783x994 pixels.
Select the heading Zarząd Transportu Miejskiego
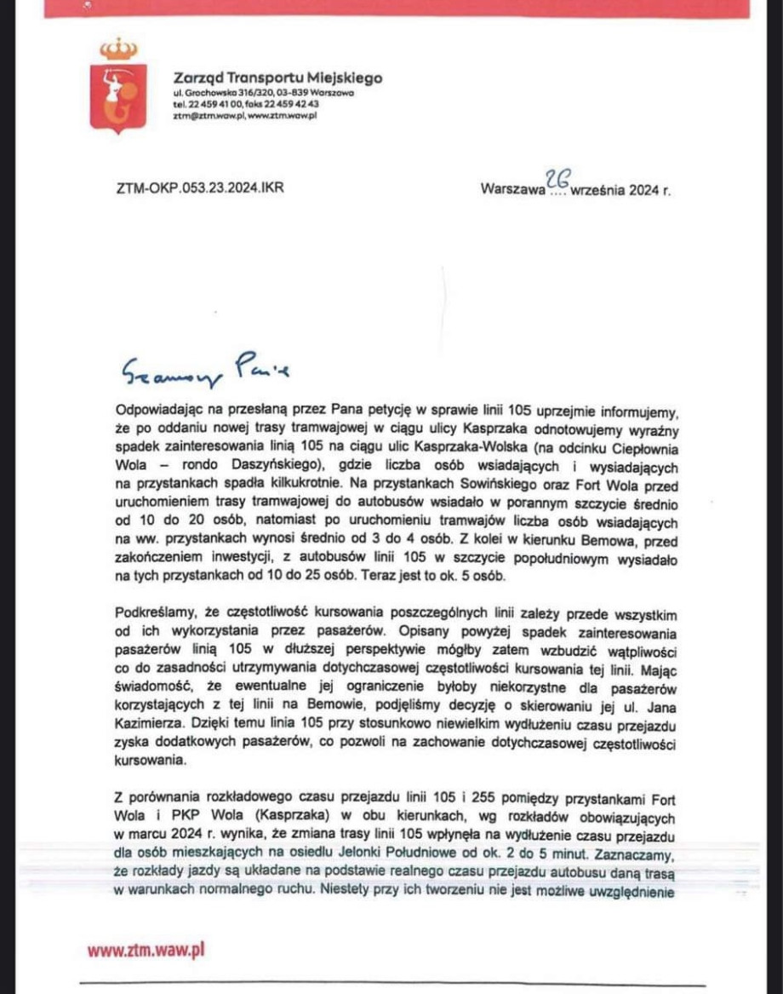pos(277,78)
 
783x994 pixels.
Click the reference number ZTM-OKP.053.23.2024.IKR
pos(199,188)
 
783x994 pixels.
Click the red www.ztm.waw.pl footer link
pos(146,950)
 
